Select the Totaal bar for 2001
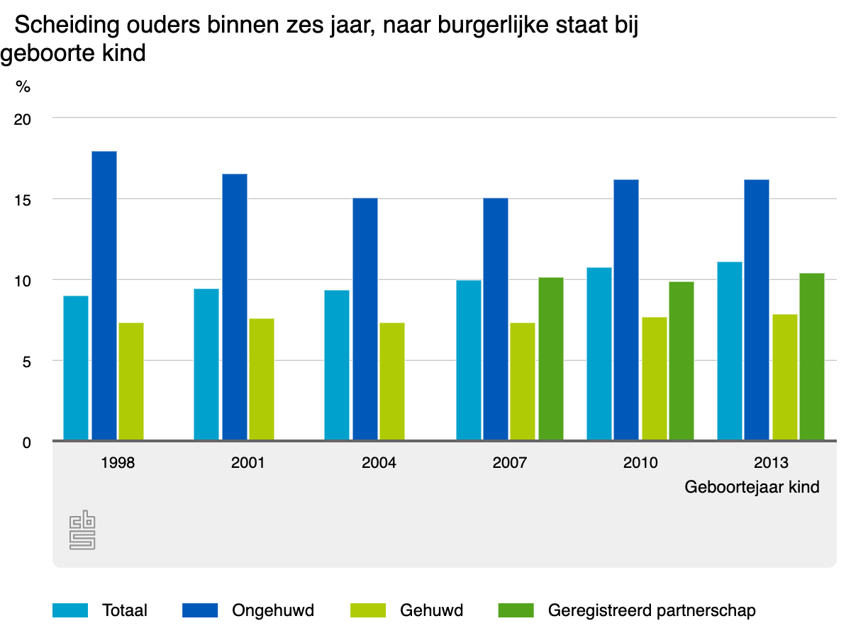pyautogui.click(x=206, y=364)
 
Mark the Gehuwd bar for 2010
pyautogui.click(x=655, y=379)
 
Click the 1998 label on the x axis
pyautogui.click(x=118, y=463)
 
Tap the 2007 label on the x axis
pyautogui.click(x=509, y=463)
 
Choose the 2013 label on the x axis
pyautogui.click(x=771, y=463)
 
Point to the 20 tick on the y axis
pyautogui.click(x=23, y=119)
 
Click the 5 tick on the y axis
pyautogui.click(x=27, y=362)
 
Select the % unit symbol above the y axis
pyautogui.click(x=23, y=87)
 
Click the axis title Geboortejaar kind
pyautogui.click(x=752, y=488)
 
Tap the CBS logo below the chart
pyautogui.click(x=82, y=530)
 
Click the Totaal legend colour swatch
pyautogui.click(x=70, y=610)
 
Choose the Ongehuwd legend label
pyautogui.click(x=273, y=610)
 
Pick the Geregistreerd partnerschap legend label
pyautogui.click(x=652, y=610)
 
